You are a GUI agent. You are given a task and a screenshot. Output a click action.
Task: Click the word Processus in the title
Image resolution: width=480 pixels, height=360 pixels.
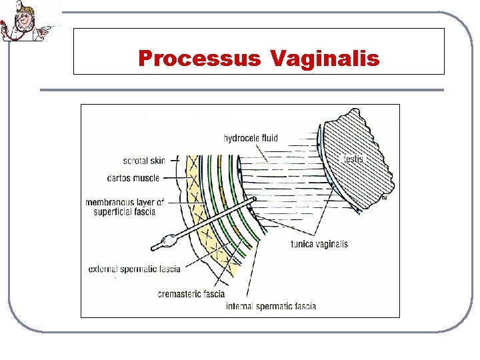click(x=199, y=59)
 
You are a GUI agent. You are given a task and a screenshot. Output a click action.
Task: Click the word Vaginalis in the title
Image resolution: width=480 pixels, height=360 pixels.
click(x=325, y=59)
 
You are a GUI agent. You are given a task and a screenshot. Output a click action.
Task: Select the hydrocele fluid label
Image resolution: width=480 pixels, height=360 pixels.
click(x=251, y=139)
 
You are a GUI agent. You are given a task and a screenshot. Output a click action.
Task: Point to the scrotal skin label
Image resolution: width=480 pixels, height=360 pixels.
click(x=144, y=161)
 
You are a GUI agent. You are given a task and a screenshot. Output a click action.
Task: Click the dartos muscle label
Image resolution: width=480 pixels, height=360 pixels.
click(x=133, y=178)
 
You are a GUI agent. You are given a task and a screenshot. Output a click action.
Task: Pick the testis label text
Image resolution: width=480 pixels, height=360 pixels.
click(x=353, y=159)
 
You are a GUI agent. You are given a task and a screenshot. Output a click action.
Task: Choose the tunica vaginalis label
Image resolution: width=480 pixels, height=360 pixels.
click(x=319, y=244)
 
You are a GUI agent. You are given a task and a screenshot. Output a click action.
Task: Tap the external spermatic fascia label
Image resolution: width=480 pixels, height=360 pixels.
click(x=134, y=269)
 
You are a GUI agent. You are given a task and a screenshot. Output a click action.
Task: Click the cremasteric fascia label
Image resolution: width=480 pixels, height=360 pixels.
click(x=191, y=294)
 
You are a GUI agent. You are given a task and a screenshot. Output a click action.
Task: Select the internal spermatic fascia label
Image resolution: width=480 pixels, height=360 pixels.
click(x=271, y=307)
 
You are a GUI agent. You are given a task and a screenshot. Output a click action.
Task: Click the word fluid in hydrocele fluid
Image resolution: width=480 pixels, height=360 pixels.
click(x=269, y=139)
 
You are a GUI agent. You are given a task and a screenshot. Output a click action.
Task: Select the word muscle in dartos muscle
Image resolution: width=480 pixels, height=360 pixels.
click(x=147, y=178)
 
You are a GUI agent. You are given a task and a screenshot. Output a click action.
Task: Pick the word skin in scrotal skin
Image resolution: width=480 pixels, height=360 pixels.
click(x=157, y=161)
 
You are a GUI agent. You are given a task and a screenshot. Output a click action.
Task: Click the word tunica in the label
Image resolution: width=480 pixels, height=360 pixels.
click(x=303, y=244)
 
